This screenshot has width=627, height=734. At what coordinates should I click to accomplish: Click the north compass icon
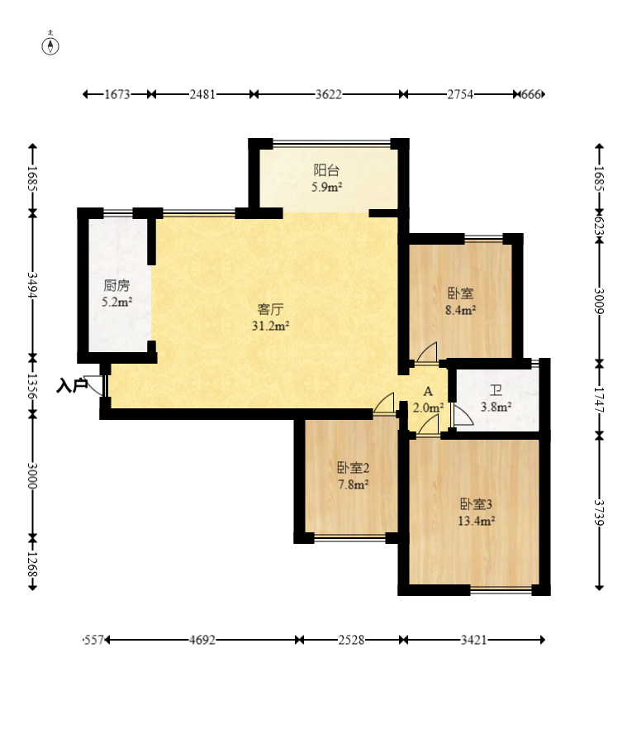50,45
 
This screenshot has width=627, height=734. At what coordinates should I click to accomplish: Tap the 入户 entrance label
72,386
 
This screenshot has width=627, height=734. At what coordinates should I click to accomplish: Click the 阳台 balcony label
326,170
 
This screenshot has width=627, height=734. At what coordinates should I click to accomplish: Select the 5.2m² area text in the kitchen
117,302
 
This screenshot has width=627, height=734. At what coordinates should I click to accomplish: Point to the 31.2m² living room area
270,326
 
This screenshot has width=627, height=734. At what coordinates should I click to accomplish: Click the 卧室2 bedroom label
354,468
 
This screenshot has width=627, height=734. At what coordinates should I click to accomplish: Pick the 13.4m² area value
477,521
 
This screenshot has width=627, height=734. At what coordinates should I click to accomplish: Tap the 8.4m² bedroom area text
461,310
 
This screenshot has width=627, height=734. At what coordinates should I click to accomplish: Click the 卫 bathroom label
496,390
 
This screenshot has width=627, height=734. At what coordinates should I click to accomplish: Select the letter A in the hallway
428,392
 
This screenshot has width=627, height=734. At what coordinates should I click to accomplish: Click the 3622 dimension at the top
328,94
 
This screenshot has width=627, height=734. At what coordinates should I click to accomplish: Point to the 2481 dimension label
202,94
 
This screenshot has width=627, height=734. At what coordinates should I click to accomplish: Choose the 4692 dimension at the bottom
202,640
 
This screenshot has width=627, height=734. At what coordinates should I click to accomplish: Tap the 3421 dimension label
473,640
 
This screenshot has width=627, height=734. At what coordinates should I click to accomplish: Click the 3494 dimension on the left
32,285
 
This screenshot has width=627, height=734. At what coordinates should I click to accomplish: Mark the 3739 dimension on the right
599,513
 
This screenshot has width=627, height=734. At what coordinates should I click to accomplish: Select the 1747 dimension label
599,400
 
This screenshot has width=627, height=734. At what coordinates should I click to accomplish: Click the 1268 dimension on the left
32,565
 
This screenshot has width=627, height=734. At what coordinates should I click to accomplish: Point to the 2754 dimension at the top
460,94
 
